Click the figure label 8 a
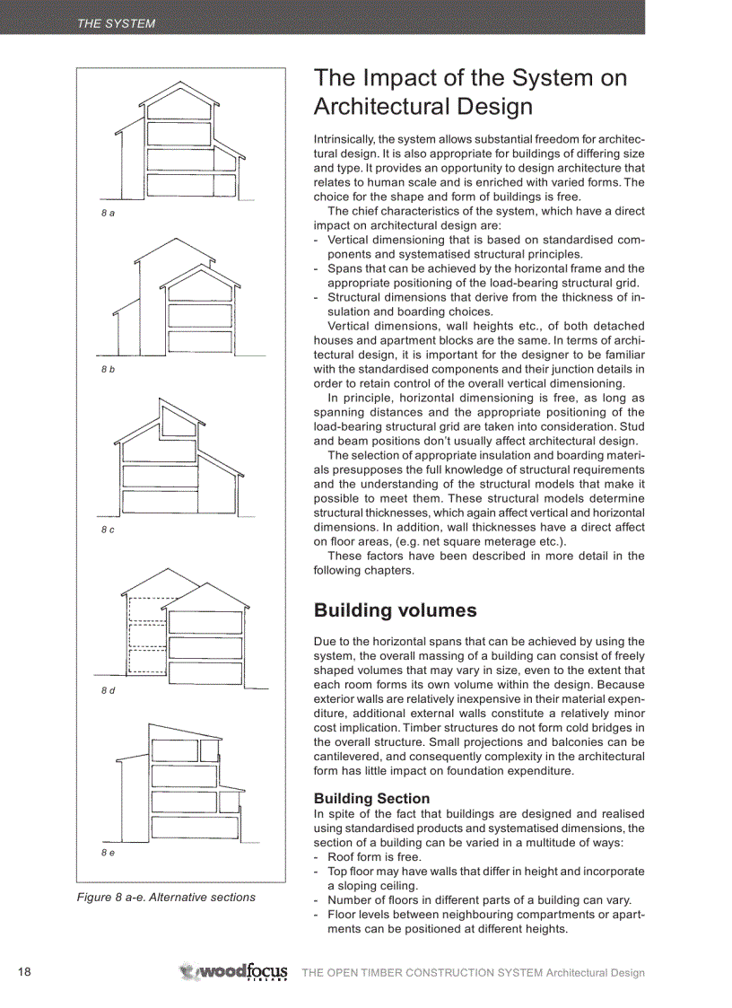pyautogui.click(x=108, y=213)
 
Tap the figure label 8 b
pyautogui.click(x=108, y=371)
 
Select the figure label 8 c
pyautogui.click(x=108, y=530)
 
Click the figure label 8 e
pyautogui.click(x=108, y=852)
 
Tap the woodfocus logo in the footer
pyautogui.click(x=234, y=972)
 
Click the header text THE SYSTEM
pyautogui.click(x=116, y=24)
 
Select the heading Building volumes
pyautogui.click(x=395, y=610)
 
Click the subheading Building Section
pyautogui.click(x=371, y=798)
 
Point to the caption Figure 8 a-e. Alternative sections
pyautogui.click(x=166, y=897)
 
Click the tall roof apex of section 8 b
pyautogui.click(x=176, y=240)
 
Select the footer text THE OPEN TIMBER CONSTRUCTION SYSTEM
pyautogui.click(x=422, y=973)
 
